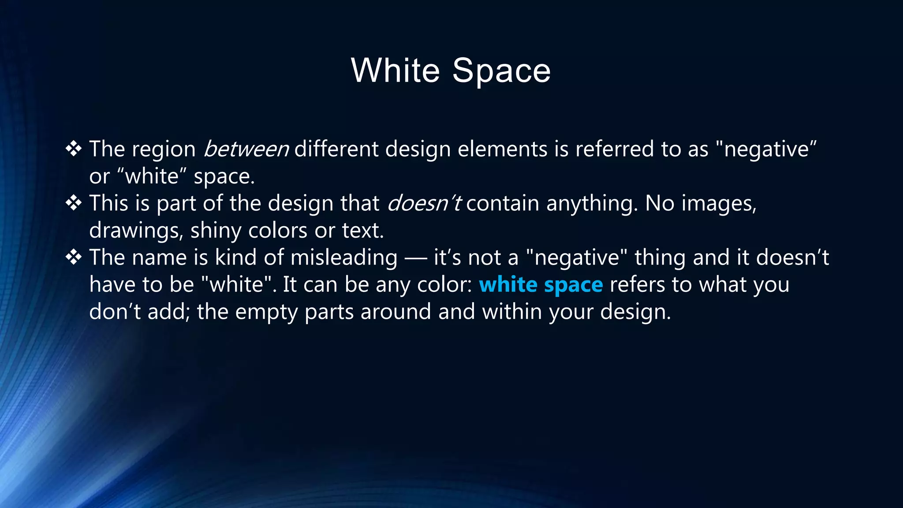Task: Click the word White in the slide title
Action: coord(395,71)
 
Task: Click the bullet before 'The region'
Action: coord(74,149)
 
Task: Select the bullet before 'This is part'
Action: coord(74,203)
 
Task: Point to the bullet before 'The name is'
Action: coord(74,257)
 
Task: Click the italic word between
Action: coord(246,149)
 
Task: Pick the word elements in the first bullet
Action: coord(502,149)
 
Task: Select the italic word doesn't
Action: coord(424,203)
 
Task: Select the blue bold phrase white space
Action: coord(541,285)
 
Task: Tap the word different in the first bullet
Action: coord(336,149)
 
